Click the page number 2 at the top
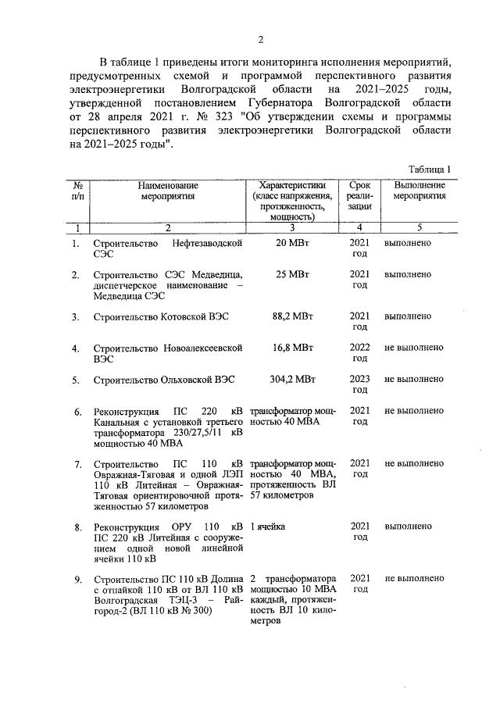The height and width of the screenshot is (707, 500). click(262, 40)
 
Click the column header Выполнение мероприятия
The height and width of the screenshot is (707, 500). click(420, 191)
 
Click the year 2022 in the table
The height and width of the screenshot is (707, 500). click(359, 348)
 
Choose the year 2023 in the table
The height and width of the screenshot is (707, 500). click(359, 380)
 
